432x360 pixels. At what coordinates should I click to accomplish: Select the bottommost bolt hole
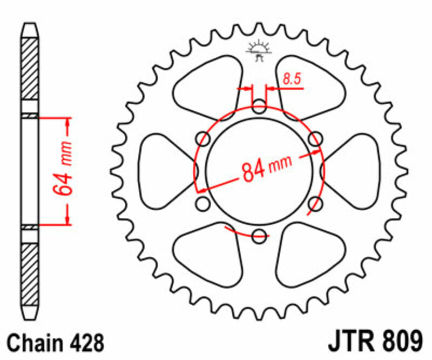coord(259,235)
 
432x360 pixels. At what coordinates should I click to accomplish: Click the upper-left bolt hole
coord(204,138)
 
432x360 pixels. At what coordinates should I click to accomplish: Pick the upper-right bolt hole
coord(315,138)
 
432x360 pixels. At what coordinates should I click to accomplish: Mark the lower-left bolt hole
coord(203,204)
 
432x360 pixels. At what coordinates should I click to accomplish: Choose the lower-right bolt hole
coord(316,204)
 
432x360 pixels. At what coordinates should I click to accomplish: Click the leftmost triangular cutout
coord(165,170)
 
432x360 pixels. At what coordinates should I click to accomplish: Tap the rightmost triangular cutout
coord(354,170)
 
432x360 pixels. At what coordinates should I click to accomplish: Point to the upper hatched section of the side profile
coord(30,70)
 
